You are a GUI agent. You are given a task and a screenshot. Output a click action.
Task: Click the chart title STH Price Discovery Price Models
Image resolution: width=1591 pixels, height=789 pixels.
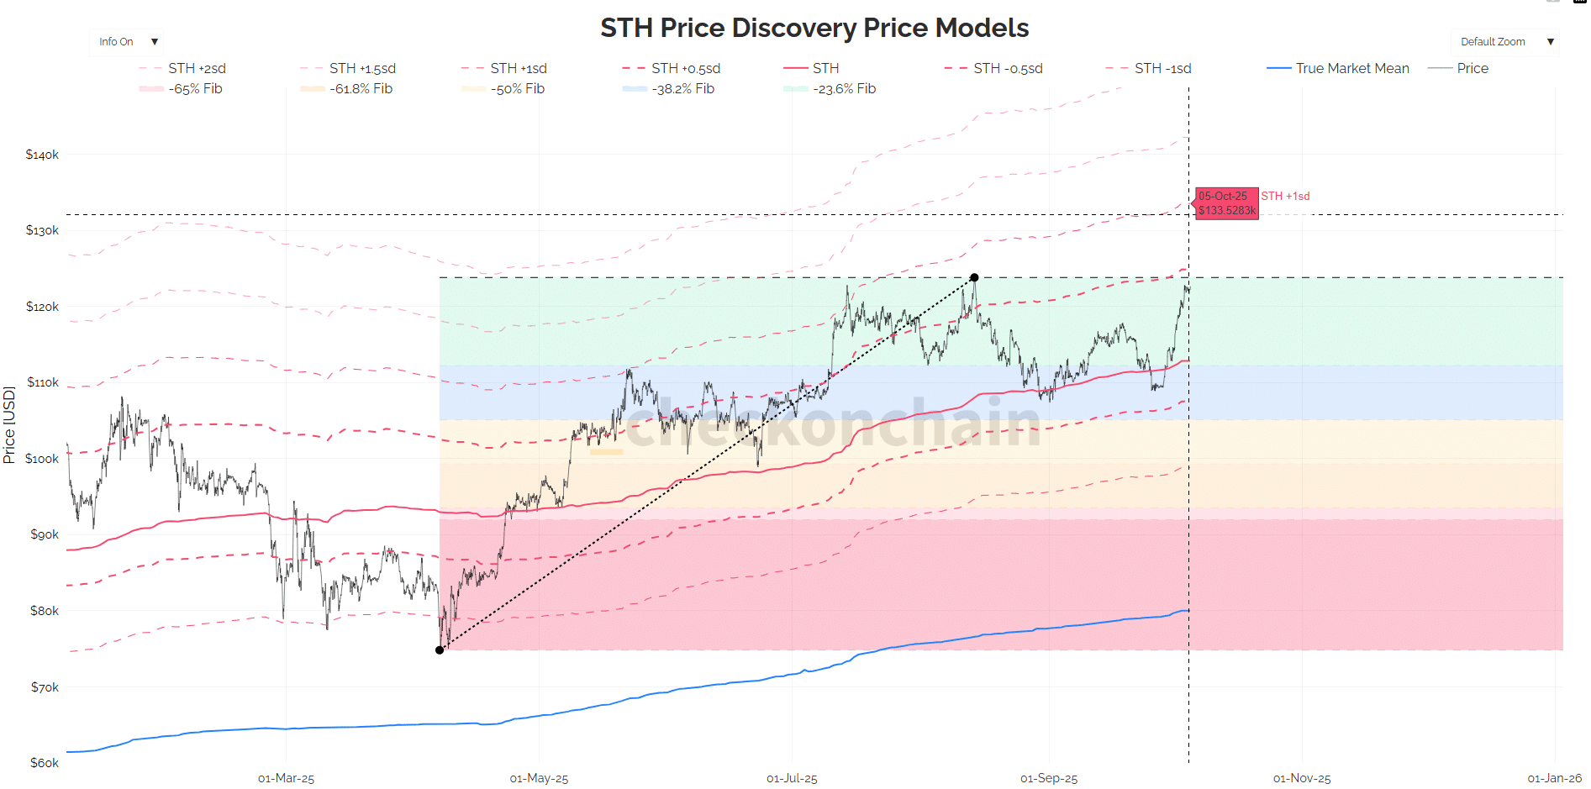tap(814, 28)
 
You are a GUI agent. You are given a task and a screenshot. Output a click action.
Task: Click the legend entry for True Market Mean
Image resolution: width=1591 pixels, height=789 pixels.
tap(1351, 68)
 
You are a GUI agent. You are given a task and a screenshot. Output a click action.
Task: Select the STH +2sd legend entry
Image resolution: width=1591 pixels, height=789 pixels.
tap(197, 68)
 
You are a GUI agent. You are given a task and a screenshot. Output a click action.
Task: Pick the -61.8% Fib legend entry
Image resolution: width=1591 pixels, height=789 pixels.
tap(361, 88)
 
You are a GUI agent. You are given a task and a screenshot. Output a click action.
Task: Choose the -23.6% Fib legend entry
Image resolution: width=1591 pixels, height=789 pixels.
tap(844, 88)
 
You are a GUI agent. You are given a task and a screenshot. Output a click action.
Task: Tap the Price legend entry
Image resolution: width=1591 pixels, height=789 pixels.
tap(1472, 68)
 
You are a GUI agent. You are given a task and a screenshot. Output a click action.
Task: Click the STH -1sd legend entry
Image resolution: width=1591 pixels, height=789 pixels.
tap(1162, 68)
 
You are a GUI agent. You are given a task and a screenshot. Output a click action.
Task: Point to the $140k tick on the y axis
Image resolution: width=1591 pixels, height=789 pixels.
tap(42, 155)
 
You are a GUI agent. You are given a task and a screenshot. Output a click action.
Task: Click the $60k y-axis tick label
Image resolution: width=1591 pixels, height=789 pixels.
tap(45, 763)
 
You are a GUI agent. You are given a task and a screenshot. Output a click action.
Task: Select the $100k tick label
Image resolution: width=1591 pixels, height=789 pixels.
tap(42, 459)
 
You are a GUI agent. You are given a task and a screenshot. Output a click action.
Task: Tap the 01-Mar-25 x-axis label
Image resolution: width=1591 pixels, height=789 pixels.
tap(286, 778)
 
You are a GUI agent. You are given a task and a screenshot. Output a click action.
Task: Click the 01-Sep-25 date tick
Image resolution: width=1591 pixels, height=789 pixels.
tap(1048, 778)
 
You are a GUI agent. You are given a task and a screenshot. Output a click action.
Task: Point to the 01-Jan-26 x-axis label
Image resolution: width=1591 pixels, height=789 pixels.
tap(1554, 778)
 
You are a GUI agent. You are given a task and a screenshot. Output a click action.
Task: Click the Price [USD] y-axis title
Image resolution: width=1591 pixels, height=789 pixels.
tap(9, 424)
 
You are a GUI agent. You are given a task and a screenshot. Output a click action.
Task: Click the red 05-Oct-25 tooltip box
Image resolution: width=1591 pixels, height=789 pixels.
tap(1227, 203)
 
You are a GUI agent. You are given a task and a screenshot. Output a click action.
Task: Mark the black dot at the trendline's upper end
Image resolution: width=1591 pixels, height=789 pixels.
tap(974, 277)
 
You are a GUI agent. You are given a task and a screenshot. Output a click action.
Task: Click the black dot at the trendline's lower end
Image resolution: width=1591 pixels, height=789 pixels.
tap(440, 650)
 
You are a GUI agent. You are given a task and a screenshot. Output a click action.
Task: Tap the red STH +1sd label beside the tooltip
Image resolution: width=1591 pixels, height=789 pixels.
tap(1285, 196)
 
